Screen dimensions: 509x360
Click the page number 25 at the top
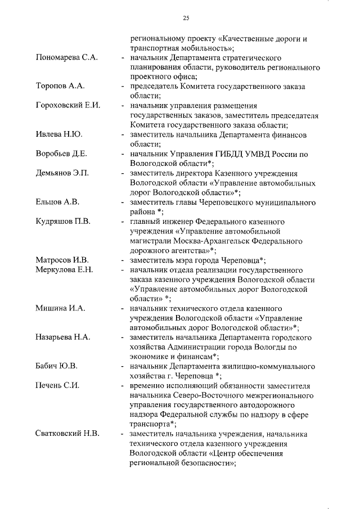(186, 19)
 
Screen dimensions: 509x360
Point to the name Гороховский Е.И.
(67, 105)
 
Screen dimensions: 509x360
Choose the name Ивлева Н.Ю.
(58, 135)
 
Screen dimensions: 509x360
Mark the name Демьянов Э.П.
(62, 173)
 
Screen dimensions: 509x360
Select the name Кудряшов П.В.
(63, 220)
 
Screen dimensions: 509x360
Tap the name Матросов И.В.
(62, 259)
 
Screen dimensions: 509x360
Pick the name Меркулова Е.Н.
(64, 269)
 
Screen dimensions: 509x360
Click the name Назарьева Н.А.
(64, 337)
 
